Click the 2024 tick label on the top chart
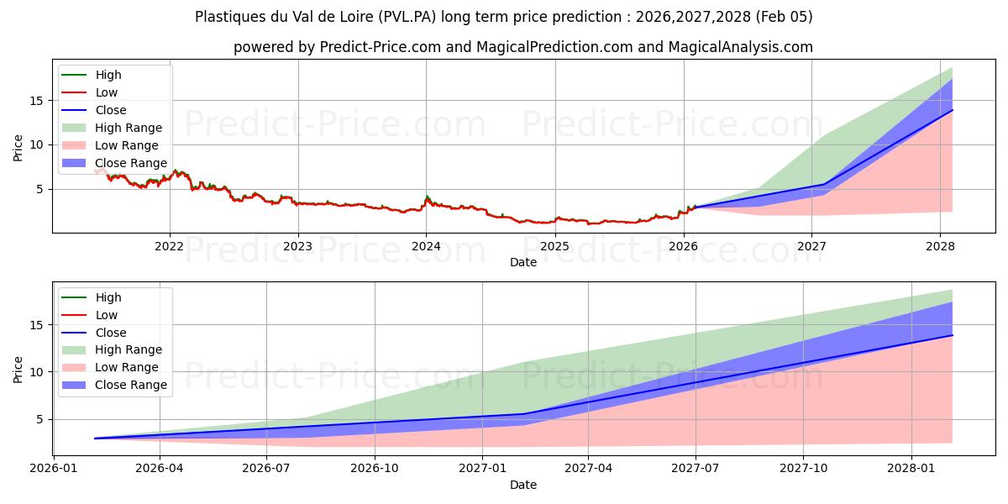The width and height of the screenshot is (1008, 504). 426,246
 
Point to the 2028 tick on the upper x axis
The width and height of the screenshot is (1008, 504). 940,246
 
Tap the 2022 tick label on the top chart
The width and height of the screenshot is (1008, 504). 170,246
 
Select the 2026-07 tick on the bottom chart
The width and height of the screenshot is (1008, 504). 266,469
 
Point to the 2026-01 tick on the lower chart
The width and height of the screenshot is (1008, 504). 54,469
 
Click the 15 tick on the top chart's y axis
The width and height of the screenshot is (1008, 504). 37,101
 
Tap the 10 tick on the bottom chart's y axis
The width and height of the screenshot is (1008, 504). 37,372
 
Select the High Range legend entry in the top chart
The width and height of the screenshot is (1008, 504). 129,128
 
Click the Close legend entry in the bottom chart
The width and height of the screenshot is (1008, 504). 111,333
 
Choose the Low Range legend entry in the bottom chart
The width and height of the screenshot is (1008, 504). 127,368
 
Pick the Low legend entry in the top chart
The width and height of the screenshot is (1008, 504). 107,92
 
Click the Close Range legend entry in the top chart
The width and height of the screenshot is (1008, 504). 130,163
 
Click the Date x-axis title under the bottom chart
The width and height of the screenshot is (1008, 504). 522,485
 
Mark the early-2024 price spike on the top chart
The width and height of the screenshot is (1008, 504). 427,198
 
